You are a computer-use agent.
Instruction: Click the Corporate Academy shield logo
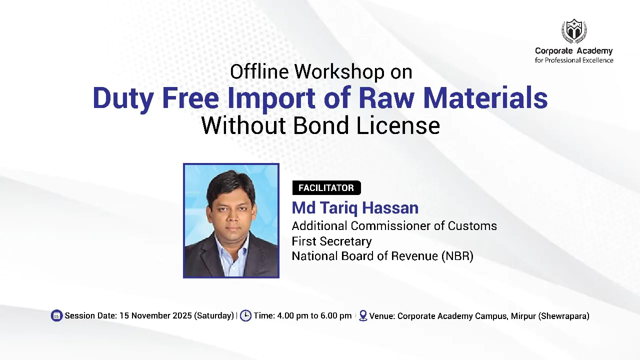point(573,31)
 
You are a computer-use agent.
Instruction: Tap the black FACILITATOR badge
point(326,188)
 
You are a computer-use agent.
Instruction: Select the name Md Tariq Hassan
point(355,207)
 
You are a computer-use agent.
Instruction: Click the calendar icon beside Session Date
point(57,315)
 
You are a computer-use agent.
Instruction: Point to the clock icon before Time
point(245,315)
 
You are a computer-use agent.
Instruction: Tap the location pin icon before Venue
point(363,315)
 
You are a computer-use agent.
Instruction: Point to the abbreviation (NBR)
point(457,256)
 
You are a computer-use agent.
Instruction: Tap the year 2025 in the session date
point(182,315)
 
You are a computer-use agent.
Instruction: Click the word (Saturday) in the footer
point(214,315)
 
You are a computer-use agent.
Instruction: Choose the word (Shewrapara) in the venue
point(563,316)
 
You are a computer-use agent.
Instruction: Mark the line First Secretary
point(331,241)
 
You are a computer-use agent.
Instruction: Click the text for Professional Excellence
point(574,60)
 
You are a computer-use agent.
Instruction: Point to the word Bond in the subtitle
point(322,125)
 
